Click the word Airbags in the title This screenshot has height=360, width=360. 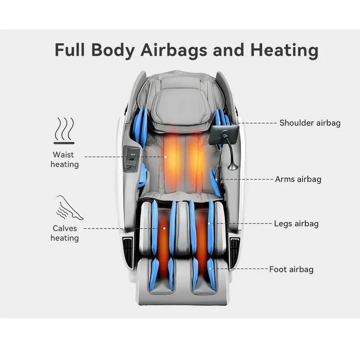click(x=174, y=50)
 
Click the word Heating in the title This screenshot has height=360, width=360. click(x=284, y=50)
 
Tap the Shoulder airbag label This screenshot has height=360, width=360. click(x=310, y=123)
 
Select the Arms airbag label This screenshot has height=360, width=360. click(x=298, y=179)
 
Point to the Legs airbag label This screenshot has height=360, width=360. click(x=296, y=224)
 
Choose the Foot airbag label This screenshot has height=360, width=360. click(x=291, y=269)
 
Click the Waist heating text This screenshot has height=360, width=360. click(x=64, y=160)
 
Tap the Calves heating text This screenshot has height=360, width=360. click(x=64, y=233)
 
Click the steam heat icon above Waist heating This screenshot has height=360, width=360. click(x=64, y=130)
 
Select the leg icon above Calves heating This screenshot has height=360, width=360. click(x=70, y=207)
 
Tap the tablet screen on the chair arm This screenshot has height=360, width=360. click(x=224, y=135)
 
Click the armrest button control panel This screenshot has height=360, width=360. click(x=131, y=160)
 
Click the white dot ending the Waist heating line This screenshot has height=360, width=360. click(x=165, y=157)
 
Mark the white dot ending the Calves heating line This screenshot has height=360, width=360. click(x=164, y=229)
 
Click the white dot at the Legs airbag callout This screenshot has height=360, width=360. click(x=209, y=223)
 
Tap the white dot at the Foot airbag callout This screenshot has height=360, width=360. click(x=210, y=269)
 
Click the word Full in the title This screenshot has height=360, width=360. click(x=70, y=49)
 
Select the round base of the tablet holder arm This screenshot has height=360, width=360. click(x=233, y=166)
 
